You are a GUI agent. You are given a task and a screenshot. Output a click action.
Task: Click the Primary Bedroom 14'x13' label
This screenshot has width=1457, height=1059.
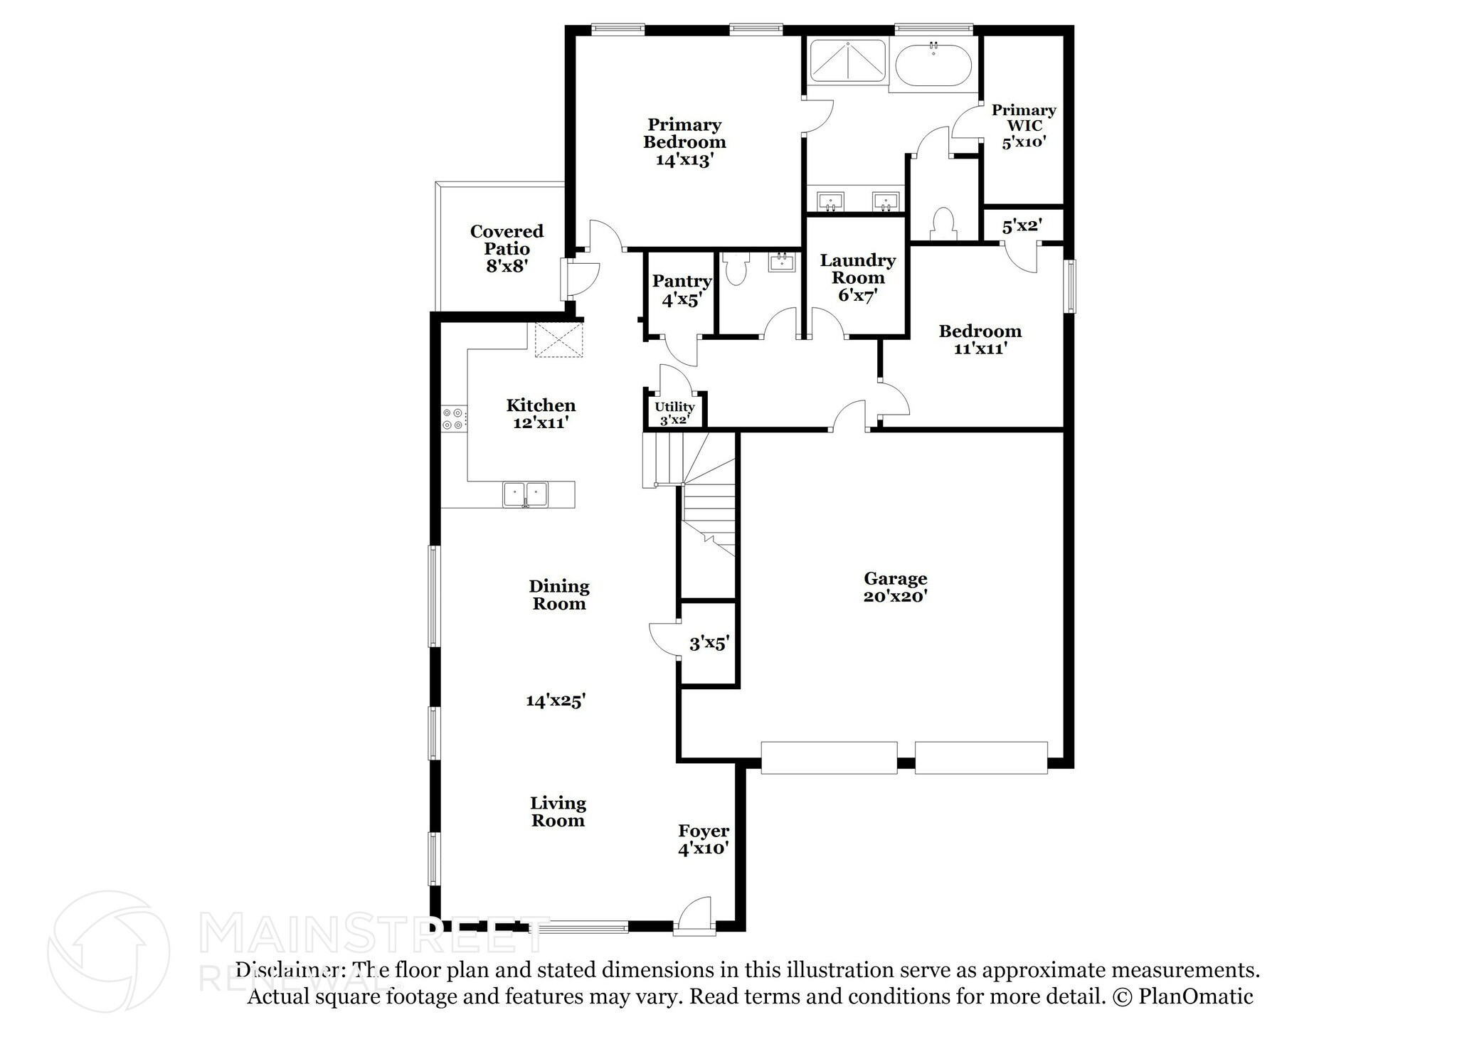[x=684, y=142]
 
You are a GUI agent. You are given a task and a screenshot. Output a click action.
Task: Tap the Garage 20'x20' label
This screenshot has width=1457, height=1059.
[x=895, y=587]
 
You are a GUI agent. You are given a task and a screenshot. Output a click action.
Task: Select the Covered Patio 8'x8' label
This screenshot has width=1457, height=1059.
[x=507, y=249]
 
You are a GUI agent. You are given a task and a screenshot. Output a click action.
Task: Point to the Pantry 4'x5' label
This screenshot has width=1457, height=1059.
[x=682, y=290]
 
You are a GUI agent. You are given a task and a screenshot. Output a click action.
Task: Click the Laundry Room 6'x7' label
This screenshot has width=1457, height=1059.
[x=857, y=277]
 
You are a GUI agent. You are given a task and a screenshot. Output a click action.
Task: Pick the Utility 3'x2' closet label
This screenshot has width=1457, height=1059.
[x=674, y=413]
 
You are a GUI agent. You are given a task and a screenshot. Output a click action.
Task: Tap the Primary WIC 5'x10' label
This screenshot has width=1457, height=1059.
[x=1024, y=126]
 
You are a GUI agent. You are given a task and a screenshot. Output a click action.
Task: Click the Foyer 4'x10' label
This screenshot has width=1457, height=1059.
[x=703, y=839]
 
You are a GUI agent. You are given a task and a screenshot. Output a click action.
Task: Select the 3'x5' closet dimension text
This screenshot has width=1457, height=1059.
[x=709, y=644]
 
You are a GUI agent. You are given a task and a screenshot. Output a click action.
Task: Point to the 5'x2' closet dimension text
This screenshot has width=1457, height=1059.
[x=1022, y=227]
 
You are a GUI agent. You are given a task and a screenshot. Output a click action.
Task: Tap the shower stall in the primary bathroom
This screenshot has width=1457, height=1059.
[x=848, y=61]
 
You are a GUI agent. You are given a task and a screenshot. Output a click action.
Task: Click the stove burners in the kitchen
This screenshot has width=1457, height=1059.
[x=453, y=418]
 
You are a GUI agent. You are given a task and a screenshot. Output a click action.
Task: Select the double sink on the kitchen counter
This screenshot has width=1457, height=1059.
[x=525, y=494]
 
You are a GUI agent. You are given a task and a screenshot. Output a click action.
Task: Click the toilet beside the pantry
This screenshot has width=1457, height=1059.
[x=735, y=269]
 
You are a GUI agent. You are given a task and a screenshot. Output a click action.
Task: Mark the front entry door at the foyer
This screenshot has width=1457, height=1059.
[x=694, y=917]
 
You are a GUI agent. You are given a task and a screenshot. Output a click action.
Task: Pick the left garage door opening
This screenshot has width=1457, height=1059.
[x=829, y=757]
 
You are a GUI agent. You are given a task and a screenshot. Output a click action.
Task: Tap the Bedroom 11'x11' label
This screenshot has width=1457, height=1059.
[x=980, y=339]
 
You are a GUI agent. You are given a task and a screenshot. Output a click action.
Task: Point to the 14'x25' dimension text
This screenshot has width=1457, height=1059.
[x=555, y=701]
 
